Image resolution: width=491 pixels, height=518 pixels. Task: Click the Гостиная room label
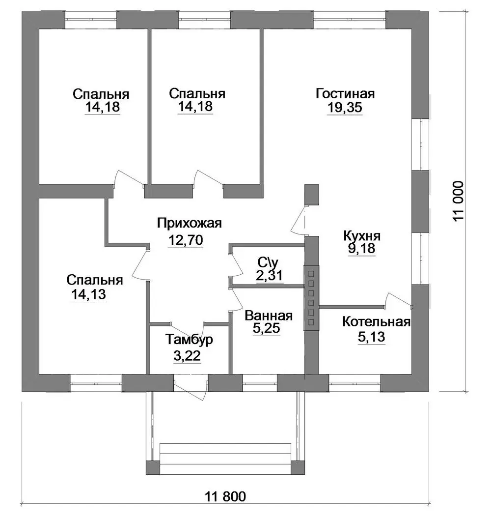345,93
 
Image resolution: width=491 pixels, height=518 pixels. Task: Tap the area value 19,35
345,107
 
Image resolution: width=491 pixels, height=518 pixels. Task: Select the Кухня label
362,236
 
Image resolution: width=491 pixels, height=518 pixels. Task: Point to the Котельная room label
377,322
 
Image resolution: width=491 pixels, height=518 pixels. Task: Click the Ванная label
269,316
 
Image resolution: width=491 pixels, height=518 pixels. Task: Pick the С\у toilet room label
268,263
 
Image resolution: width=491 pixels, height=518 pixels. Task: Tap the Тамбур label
189,340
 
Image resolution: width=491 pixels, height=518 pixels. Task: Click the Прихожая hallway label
190,224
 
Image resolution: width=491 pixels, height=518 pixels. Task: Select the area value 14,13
89,294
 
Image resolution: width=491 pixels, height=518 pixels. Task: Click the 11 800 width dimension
226,496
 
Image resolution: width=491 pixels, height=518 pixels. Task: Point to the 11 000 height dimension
459,201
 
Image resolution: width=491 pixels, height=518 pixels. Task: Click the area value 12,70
186,240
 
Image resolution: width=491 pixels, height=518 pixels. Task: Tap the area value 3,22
187,356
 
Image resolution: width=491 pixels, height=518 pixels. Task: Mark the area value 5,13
372,337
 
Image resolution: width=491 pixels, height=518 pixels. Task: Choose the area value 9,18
362,248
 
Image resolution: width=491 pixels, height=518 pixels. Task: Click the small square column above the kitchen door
311,195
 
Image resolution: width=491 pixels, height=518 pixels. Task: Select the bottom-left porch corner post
153,468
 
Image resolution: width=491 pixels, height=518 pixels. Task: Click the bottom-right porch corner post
298,468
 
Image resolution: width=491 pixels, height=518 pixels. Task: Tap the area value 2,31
269,275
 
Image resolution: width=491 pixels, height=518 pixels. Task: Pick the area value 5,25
267,328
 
